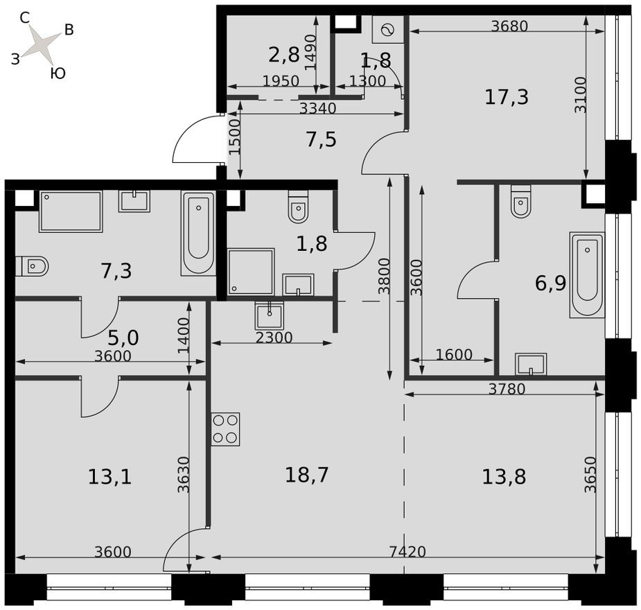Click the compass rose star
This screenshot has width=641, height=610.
(x=43, y=45)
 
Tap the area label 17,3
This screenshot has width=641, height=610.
(x=507, y=97)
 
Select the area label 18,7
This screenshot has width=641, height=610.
(x=306, y=475)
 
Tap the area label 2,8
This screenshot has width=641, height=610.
(x=283, y=54)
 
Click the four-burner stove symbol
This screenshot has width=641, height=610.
(x=225, y=429)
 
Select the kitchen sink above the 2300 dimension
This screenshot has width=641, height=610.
(x=269, y=316)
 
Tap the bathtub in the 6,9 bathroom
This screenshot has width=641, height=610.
(x=587, y=274)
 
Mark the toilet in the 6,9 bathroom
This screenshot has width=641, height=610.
(x=521, y=200)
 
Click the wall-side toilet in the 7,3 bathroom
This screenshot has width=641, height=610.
(x=32, y=265)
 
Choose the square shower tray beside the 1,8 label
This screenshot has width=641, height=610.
(x=251, y=271)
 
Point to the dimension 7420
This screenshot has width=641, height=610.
(x=407, y=552)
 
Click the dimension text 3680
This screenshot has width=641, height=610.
(x=509, y=26)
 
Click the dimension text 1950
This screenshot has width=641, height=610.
(x=281, y=81)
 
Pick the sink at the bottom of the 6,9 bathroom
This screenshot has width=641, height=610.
(x=531, y=364)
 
